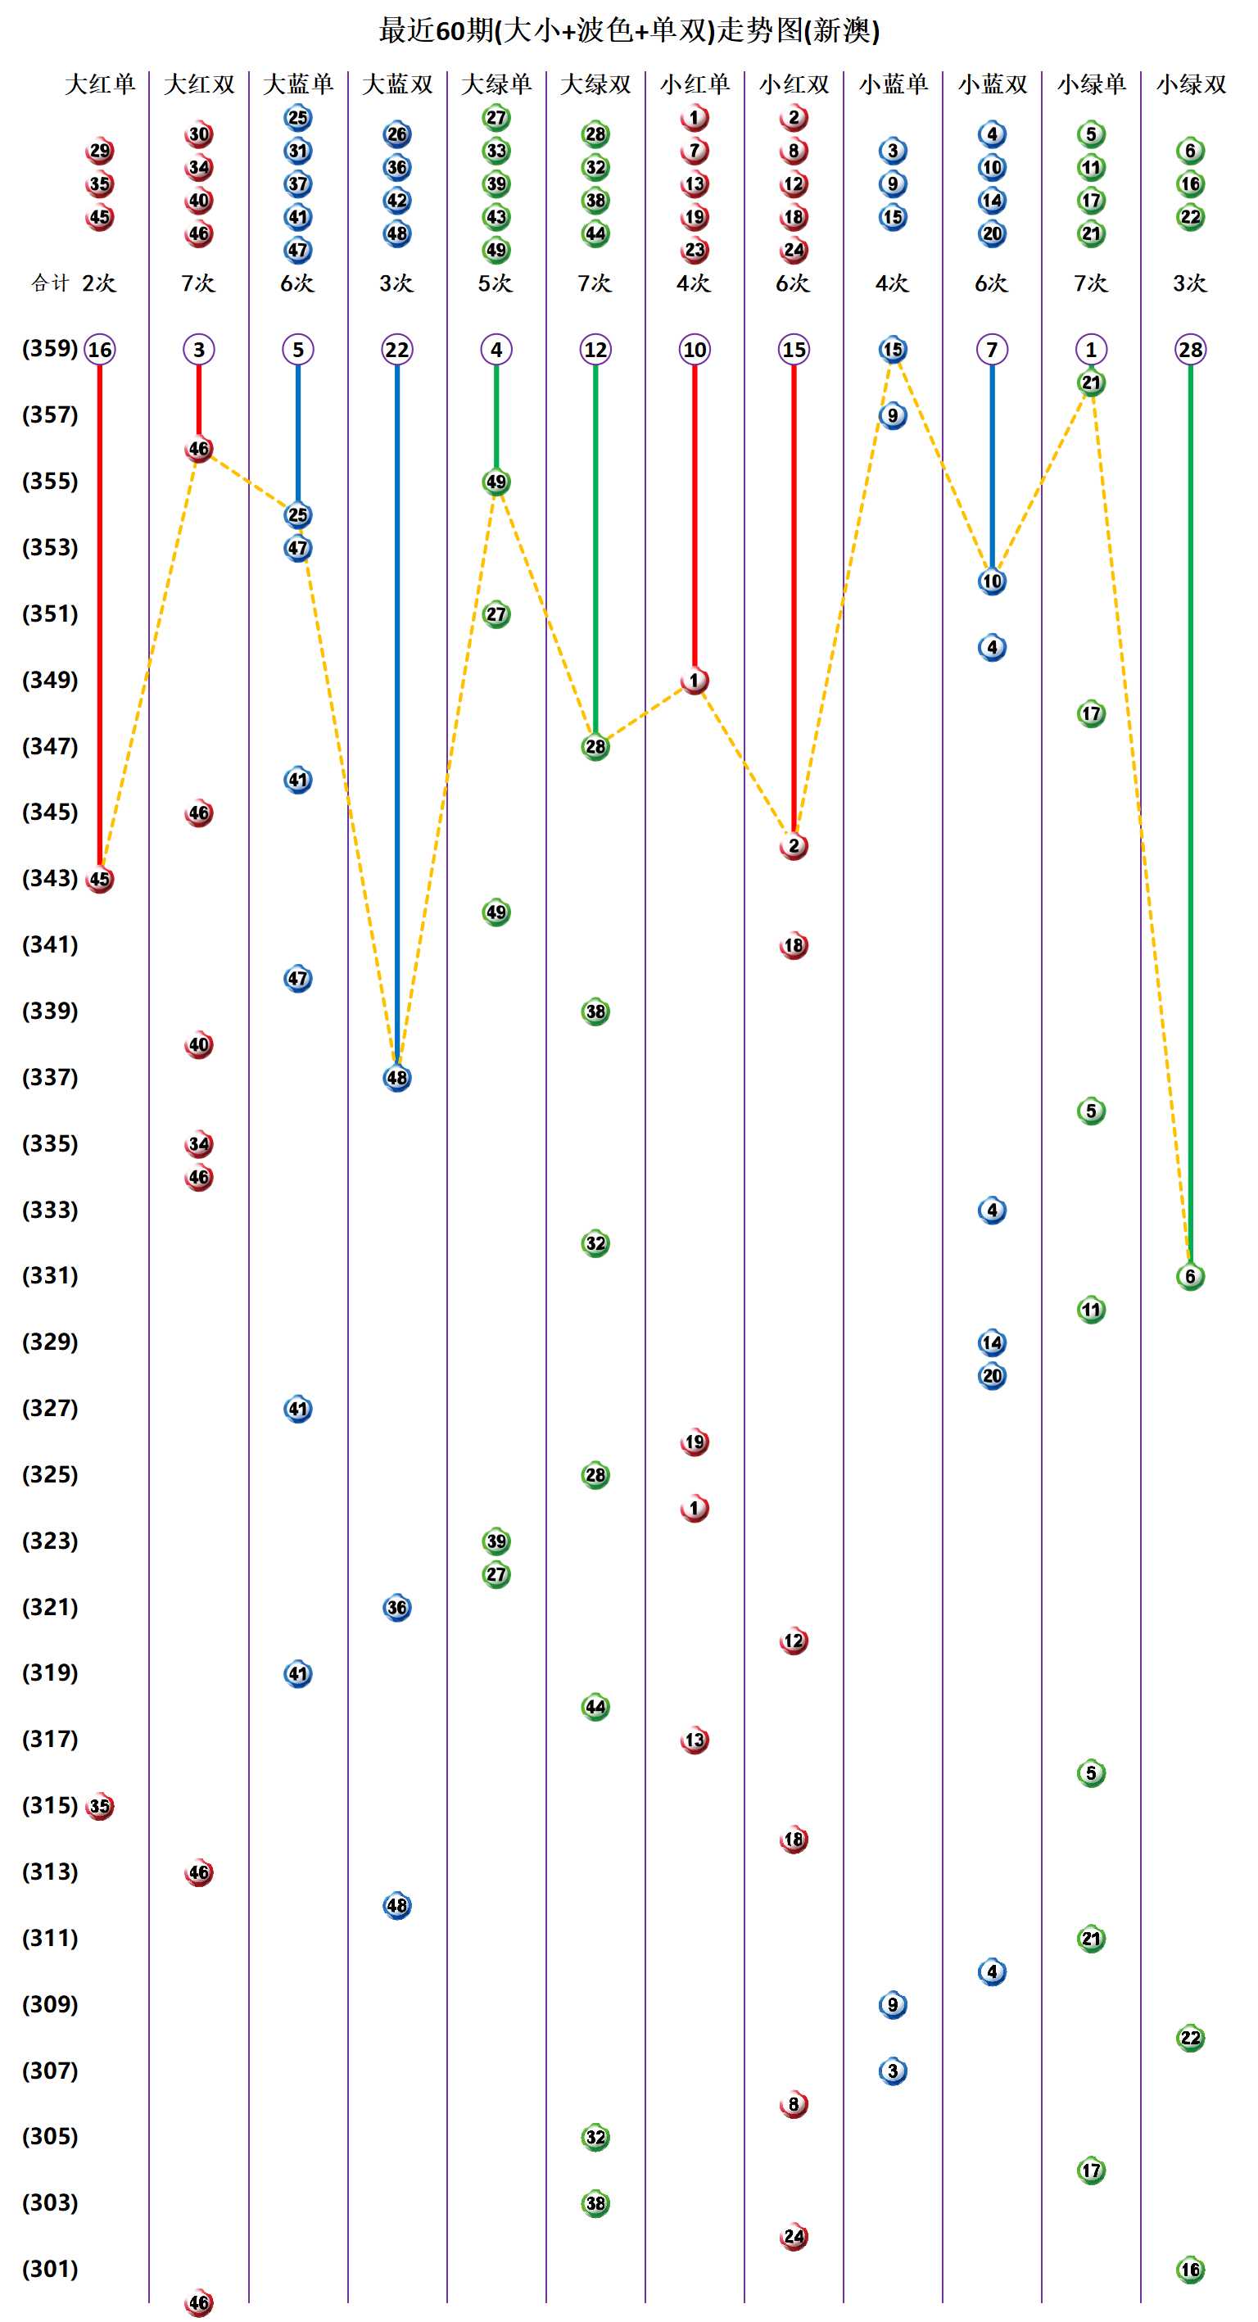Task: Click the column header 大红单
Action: point(100,84)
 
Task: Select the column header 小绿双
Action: point(1190,84)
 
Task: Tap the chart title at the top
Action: point(629,30)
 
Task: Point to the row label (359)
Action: point(50,349)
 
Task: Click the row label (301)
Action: point(50,2269)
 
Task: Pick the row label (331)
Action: point(50,1275)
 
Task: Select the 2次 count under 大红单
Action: point(99,283)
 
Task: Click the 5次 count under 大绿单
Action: point(496,283)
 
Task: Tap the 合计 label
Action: point(50,283)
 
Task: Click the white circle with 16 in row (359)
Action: point(100,350)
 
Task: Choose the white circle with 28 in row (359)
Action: point(1190,350)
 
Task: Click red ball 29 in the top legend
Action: point(100,151)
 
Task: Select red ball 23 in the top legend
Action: point(695,250)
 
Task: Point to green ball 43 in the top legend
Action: point(496,217)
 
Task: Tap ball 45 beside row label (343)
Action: point(100,879)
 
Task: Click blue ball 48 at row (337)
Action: point(397,1077)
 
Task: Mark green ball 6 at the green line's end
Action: point(1190,1276)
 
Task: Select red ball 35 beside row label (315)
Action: point(100,1806)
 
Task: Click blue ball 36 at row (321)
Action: point(397,1607)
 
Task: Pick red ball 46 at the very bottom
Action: point(199,2302)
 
